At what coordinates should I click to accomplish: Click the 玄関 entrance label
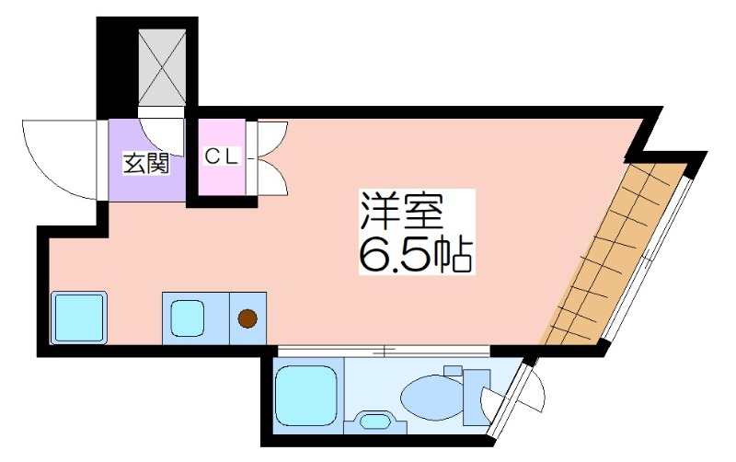[146, 164]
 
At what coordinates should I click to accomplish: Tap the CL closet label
[222, 156]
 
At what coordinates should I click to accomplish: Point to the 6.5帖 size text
[416, 254]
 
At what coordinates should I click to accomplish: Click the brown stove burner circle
[247, 318]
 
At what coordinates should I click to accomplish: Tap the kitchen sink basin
[188, 318]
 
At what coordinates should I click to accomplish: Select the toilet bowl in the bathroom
[431, 395]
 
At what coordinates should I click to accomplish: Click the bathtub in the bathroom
[306, 396]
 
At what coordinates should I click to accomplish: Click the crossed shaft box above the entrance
[162, 67]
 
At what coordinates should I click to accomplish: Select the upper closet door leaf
[272, 139]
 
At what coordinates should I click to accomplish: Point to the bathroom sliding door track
[384, 351]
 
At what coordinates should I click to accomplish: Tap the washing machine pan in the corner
[78, 318]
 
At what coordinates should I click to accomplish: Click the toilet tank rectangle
[476, 397]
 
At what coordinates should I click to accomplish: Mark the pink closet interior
[222, 157]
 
